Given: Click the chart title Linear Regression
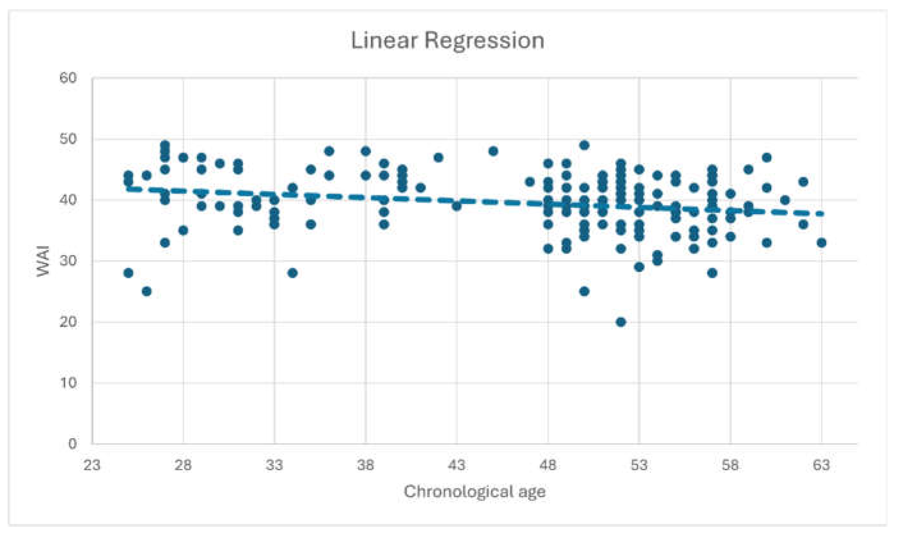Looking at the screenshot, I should (x=447, y=41).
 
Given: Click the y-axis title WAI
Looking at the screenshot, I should (x=43, y=261).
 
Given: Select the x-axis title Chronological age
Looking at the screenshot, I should (x=474, y=492).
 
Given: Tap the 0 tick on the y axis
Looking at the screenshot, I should (x=72, y=444).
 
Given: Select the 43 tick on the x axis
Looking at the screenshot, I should (x=456, y=465).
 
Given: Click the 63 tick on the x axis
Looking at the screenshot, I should (x=821, y=465).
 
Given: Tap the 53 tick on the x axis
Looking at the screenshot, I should (x=639, y=465).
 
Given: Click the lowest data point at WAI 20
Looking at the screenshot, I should (x=621, y=322).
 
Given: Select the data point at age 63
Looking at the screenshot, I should (x=821, y=242).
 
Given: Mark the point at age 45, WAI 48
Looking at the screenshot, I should (x=493, y=151).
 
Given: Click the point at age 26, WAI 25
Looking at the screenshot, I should (x=146, y=291).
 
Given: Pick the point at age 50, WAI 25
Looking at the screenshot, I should (x=584, y=291).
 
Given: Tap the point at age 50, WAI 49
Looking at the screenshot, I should (x=584, y=145).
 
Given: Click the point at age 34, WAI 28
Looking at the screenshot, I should (x=293, y=273).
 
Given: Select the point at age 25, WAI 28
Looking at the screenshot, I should (x=128, y=273).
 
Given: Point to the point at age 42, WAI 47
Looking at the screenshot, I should (x=439, y=157).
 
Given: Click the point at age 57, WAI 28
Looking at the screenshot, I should (x=712, y=273).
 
